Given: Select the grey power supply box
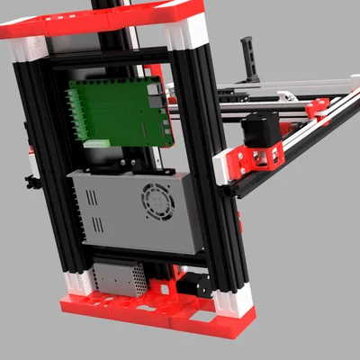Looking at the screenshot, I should coord(135,212).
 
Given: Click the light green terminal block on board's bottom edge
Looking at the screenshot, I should coord(97,142).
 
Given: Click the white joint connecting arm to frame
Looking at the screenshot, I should coord(222,167).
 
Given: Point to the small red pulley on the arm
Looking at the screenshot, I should coord(318,108).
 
